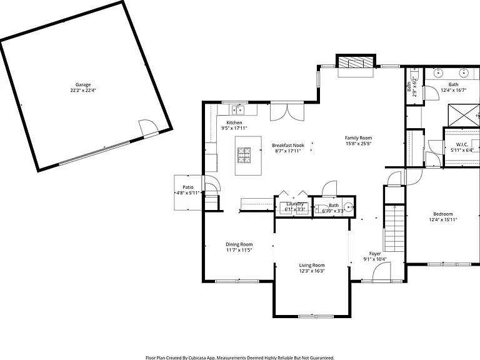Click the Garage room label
coord(83,85)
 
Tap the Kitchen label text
coord(234,122)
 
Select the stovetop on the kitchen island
coord(244,155)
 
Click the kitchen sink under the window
coord(238,109)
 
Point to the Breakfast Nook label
coord(288,146)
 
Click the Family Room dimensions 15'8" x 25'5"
coord(358,144)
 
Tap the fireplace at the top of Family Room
coord(356,62)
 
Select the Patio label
coord(188,187)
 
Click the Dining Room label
coord(239,244)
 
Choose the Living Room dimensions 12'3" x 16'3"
coord(312,271)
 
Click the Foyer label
coord(375,254)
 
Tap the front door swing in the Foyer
coord(381,272)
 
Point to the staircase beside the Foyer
coord(395,228)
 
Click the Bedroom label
coord(443,214)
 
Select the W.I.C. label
coord(462,144)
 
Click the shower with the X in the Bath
coord(464,115)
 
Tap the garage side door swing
coord(148,126)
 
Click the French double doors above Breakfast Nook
coord(287,112)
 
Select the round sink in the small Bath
coord(348,207)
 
